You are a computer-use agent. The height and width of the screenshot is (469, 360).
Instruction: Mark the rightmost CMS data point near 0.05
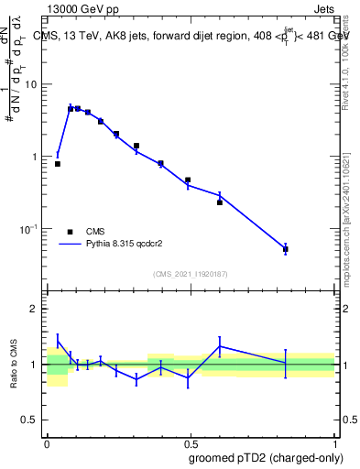286,249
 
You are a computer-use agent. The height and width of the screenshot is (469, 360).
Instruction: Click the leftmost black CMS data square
58,164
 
